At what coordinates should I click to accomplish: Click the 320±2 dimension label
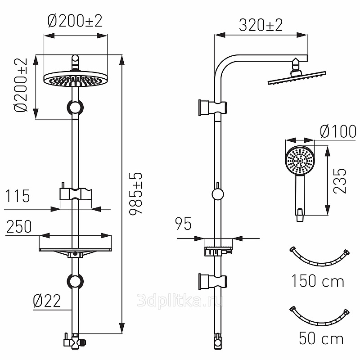pos(261,25)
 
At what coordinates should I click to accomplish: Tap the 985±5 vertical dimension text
pos(136,194)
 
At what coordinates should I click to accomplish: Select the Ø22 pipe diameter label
pos(47,301)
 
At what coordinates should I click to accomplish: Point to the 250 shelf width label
pos(19,226)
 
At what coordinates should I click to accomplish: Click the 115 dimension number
pos(18,196)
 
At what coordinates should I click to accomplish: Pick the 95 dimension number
pos(183,224)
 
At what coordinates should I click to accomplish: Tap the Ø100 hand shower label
pos(338,131)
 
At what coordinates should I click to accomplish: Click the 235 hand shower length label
pos(340,181)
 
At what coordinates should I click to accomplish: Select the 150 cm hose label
pos(318,281)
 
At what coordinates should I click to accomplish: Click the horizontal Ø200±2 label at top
pos(75,21)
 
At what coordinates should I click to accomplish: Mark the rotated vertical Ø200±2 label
pos(21,85)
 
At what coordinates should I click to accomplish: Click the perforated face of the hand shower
pos(300,161)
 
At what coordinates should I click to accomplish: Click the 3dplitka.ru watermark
pos(180,301)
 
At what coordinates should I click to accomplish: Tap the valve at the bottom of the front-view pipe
pos(75,342)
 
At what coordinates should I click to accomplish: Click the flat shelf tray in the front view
pos(75,250)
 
